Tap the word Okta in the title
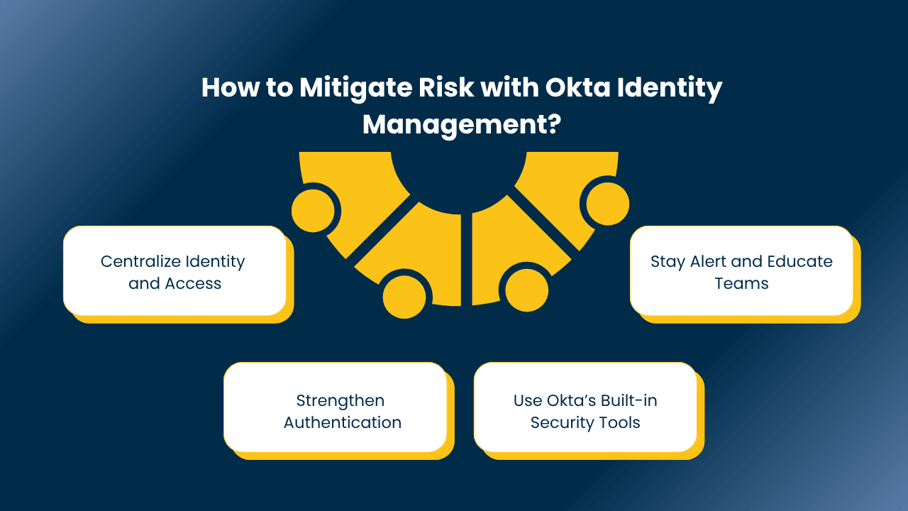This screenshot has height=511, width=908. coord(577,87)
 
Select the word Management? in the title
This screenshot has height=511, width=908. coord(462,126)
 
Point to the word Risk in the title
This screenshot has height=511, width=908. coord(446,87)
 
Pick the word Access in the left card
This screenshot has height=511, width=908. coord(192,283)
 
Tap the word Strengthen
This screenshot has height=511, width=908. coord(340,401)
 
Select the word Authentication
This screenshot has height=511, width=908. coord(343,422)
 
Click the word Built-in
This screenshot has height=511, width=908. coord(629,401)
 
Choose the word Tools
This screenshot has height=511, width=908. coord(619,422)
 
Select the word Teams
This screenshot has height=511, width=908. coord(741,283)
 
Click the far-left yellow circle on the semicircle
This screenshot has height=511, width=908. coord(313,211)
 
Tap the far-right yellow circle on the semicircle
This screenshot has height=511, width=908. coord(608,204)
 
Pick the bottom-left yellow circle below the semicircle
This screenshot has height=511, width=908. coord(404,297)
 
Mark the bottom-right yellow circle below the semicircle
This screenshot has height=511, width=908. coord(526,290)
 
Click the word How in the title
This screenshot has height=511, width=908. coord(231,87)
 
